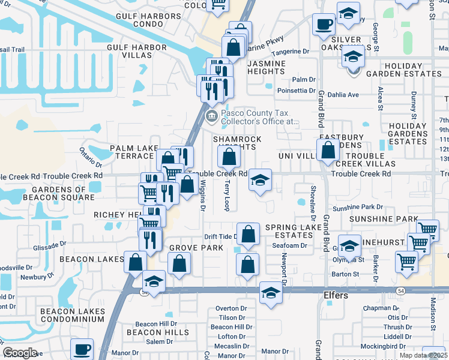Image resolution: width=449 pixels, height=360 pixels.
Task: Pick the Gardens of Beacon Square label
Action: [x=59, y=193]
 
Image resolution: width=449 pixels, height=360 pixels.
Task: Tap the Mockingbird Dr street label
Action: [x=394, y=346]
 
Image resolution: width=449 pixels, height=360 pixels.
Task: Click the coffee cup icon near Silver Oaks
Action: [x=324, y=25]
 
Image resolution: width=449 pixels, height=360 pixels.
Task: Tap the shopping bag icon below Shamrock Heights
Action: [x=229, y=157]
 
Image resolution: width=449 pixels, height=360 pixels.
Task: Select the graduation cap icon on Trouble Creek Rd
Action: [x=260, y=180]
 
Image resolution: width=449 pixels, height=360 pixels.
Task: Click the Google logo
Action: [x=20, y=353]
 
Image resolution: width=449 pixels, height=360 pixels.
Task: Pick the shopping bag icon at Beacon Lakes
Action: [x=136, y=262]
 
